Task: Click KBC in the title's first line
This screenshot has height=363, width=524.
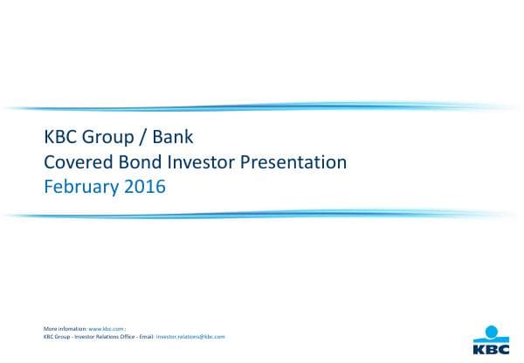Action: pos(59,138)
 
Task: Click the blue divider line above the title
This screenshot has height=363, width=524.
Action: pos(262,107)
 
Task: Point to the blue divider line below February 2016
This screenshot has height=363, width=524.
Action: pos(262,214)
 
